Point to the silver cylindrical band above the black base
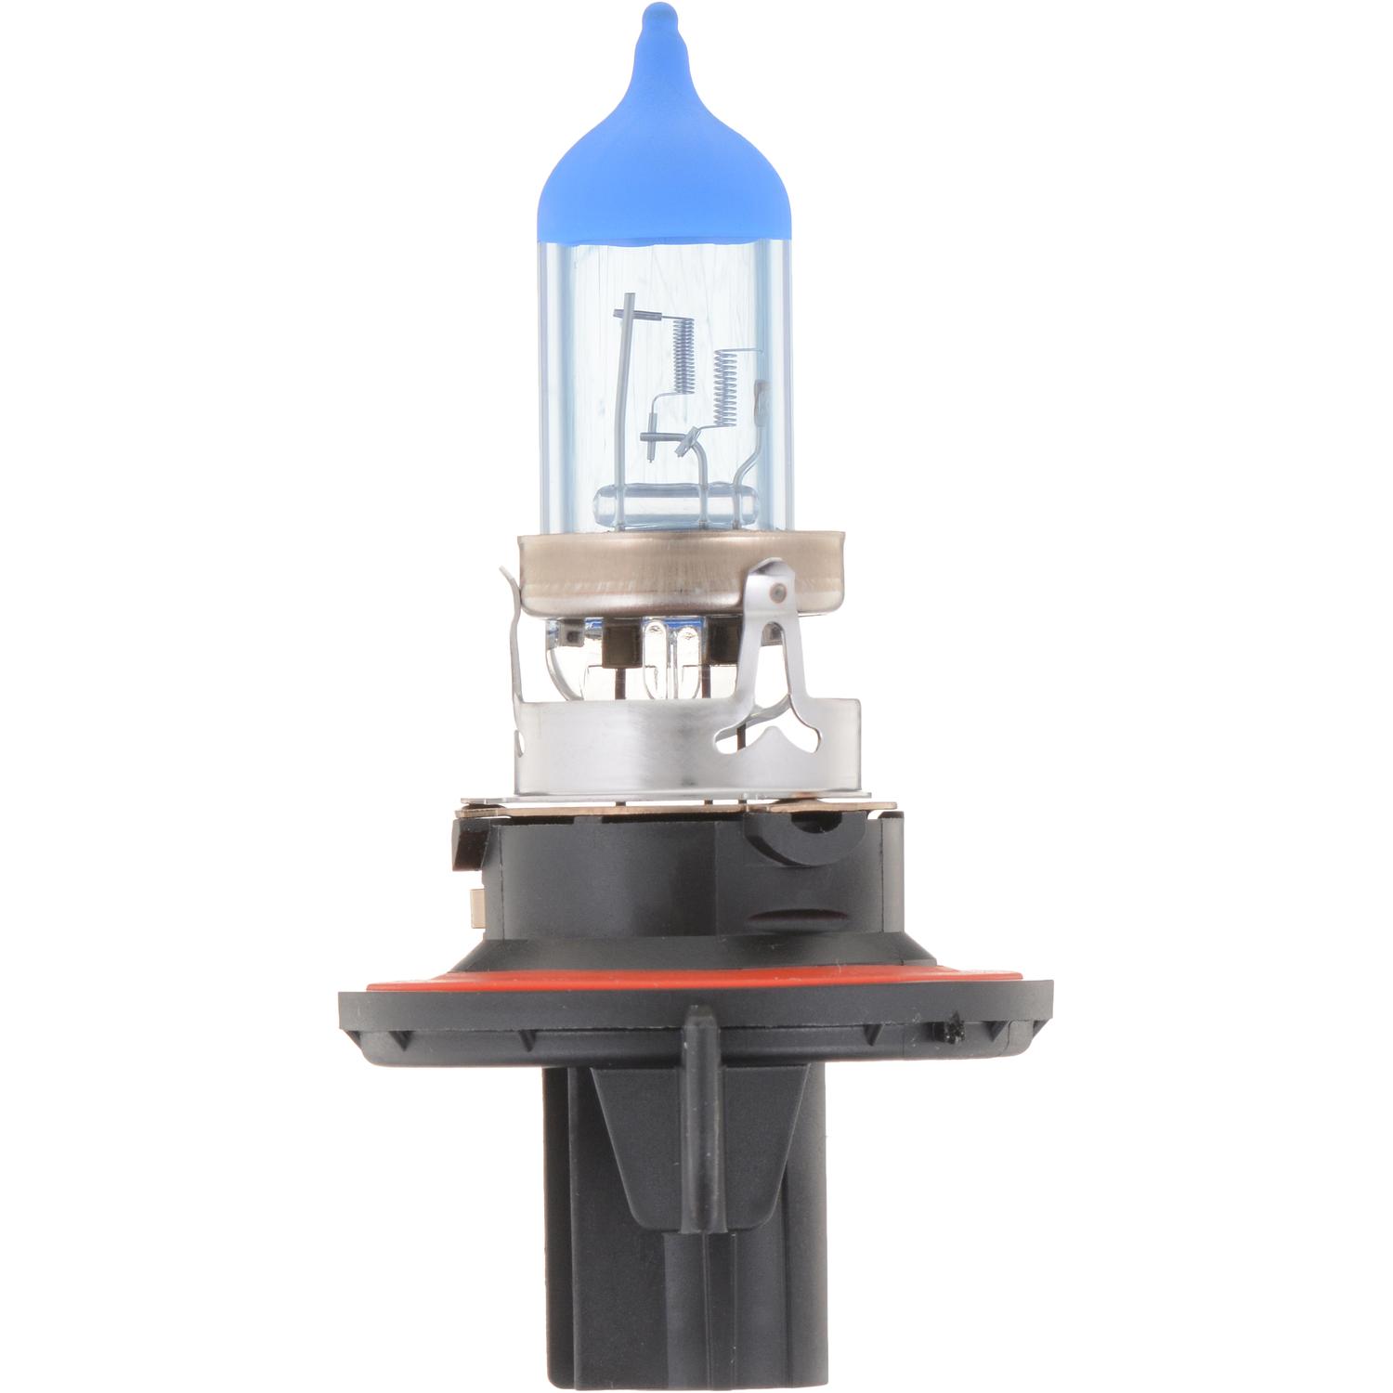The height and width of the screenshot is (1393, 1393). pyautogui.click(x=650, y=743)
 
